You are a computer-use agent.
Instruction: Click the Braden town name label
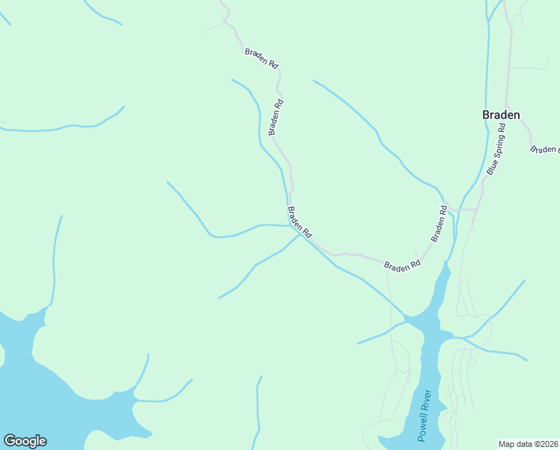tap(501, 115)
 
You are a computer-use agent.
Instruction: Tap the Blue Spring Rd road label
tap(496, 149)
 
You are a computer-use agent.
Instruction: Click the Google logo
tap(25, 441)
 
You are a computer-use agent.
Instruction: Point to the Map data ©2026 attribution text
tap(528, 443)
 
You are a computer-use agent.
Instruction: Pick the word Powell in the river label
tap(421, 428)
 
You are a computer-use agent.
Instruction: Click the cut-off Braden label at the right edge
tap(545, 149)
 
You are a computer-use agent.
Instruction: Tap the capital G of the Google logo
tap(10, 441)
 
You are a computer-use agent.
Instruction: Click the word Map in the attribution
tap(508, 443)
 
